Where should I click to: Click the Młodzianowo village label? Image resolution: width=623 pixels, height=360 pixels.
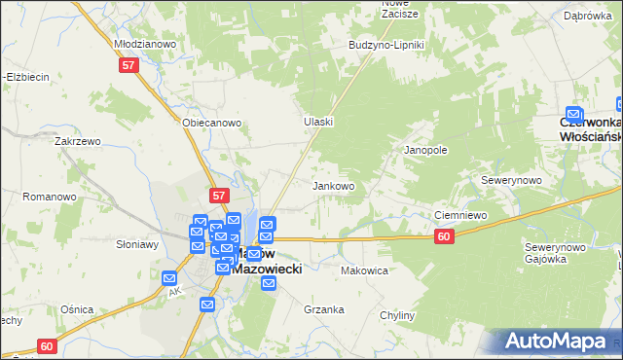[x=143, y=44]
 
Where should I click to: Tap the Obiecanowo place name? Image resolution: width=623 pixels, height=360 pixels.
[x=211, y=123]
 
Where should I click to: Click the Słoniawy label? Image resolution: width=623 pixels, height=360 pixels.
[x=137, y=244]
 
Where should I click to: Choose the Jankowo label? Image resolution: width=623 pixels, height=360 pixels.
[x=332, y=185]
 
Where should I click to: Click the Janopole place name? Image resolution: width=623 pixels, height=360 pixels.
[x=425, y=151]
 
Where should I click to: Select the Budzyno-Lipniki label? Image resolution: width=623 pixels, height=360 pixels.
[x=386, y=45]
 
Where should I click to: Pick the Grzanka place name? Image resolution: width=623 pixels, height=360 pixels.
[x=324, y=309]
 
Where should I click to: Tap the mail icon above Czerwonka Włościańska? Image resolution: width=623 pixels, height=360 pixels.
[x=573, y=115]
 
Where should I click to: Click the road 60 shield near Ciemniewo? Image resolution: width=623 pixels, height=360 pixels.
[x=444, y=236]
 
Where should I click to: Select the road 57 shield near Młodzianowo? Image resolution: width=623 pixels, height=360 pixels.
[x=130, y=65]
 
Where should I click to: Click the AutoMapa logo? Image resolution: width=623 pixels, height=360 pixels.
[x=558, y=341]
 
